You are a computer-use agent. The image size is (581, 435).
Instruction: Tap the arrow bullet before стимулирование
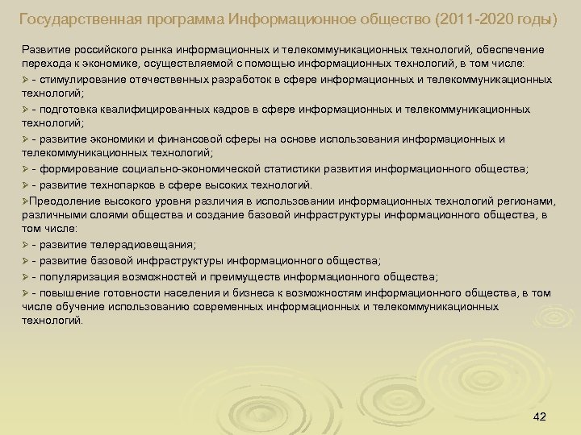point(26,80)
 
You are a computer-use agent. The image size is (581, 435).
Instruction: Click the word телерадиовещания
point(117,244)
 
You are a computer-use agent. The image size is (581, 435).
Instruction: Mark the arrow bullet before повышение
point(26,292)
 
